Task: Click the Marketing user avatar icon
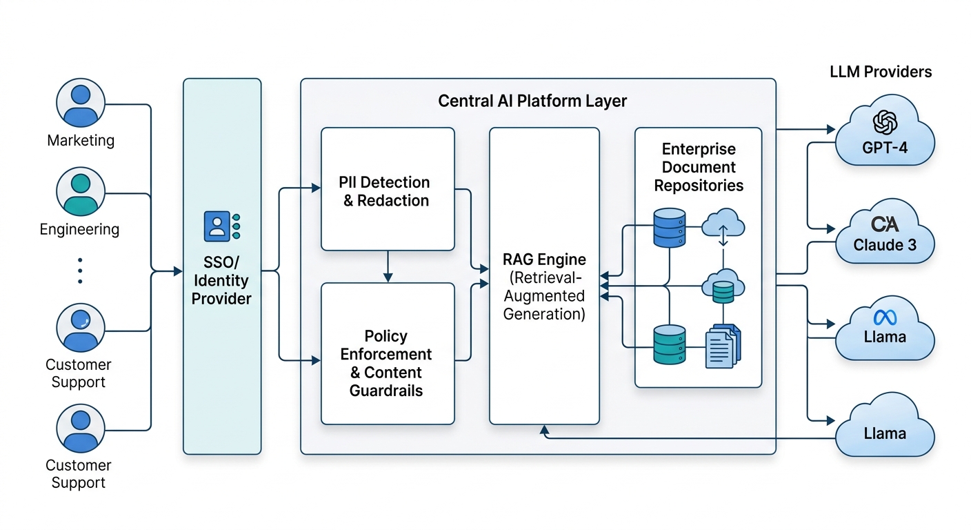coord(81,103)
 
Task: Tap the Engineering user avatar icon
coord(81,191)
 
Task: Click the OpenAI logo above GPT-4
coord(885,122)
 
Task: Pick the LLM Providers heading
coord(881,72)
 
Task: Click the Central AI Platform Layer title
coord(532,101)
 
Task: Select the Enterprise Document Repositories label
coord(699,167)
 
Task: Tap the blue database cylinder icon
coord(668,228)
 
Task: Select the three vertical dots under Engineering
coord(80,271)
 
